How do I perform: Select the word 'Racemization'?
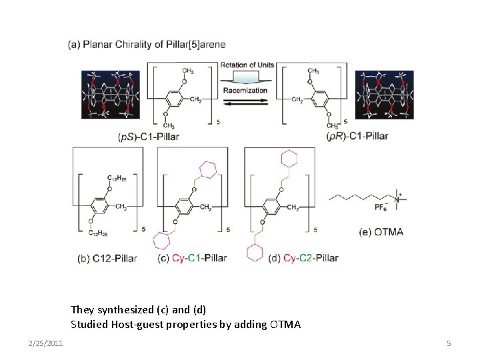pos(245,90)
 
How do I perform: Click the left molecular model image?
pos(109,95)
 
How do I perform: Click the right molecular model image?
pos(384,95)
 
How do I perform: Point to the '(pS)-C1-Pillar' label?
pos(149,137)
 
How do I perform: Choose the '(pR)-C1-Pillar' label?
pos(357,137)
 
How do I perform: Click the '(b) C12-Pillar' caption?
pos(107,258)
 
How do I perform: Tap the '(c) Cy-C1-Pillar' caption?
pos(192,258)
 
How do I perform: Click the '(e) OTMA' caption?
pos(381,233)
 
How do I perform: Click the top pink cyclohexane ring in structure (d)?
pos(289,159)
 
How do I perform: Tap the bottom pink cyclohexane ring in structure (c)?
pos(162,241)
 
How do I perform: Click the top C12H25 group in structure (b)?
pos(117,178)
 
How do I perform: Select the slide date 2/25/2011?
pos(46,343)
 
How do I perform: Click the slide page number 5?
pos(449,343)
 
